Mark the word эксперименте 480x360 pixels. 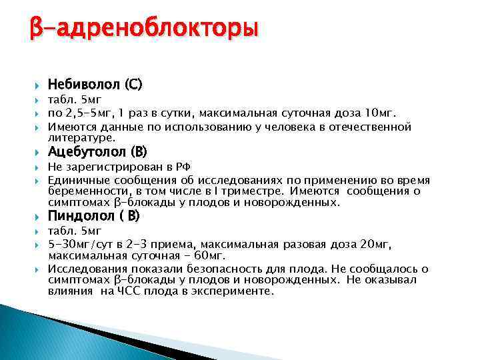click(x=233, y=291)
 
